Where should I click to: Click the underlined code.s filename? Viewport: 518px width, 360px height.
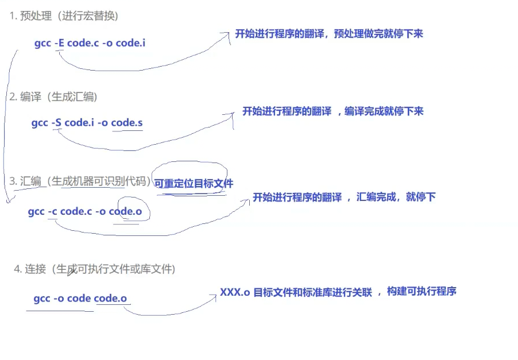[127, 122]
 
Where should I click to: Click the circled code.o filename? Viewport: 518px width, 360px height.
[125, 211]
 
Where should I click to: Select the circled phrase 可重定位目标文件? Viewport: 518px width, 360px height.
[194, 183]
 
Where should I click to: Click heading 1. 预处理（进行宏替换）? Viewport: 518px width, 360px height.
[63, 16]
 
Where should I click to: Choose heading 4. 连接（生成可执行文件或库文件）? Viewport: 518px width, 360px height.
[95, 269]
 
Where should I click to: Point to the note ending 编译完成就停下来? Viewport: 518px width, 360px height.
[333, 111]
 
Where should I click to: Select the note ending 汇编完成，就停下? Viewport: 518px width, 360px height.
[344, 197]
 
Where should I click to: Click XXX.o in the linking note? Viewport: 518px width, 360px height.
[235, 292]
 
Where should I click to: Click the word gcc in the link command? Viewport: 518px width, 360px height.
[42, 299]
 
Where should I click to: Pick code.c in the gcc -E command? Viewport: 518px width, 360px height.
[79, 43]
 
